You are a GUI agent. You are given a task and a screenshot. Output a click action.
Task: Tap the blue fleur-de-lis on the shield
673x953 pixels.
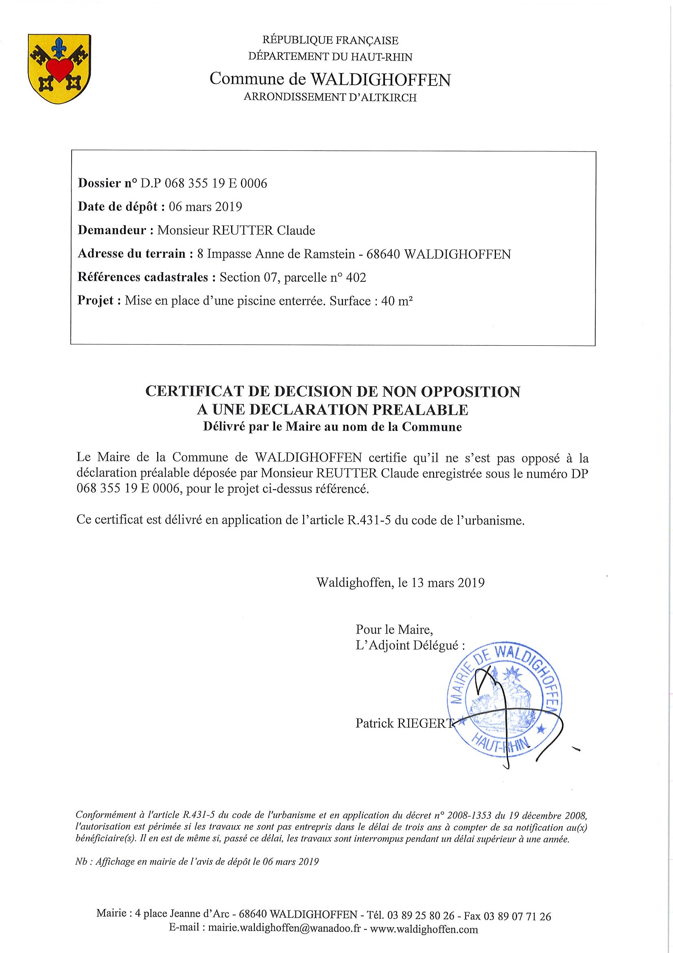(59, 48)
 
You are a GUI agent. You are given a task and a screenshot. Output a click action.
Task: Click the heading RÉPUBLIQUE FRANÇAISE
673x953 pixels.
(330, 40)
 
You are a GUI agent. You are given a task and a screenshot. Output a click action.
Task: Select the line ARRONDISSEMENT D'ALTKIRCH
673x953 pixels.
(330, 98)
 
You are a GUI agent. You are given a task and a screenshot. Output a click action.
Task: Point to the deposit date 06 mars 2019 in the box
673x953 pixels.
(205, 207)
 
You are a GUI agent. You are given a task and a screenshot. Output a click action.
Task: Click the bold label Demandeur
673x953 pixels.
(112, 230)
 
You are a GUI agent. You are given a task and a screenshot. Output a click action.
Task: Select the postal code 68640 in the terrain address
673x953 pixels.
(383, 254)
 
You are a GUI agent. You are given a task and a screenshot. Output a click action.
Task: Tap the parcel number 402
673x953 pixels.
(358, 277)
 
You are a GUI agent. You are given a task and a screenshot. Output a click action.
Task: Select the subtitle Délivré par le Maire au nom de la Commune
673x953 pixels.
(332, 427)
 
